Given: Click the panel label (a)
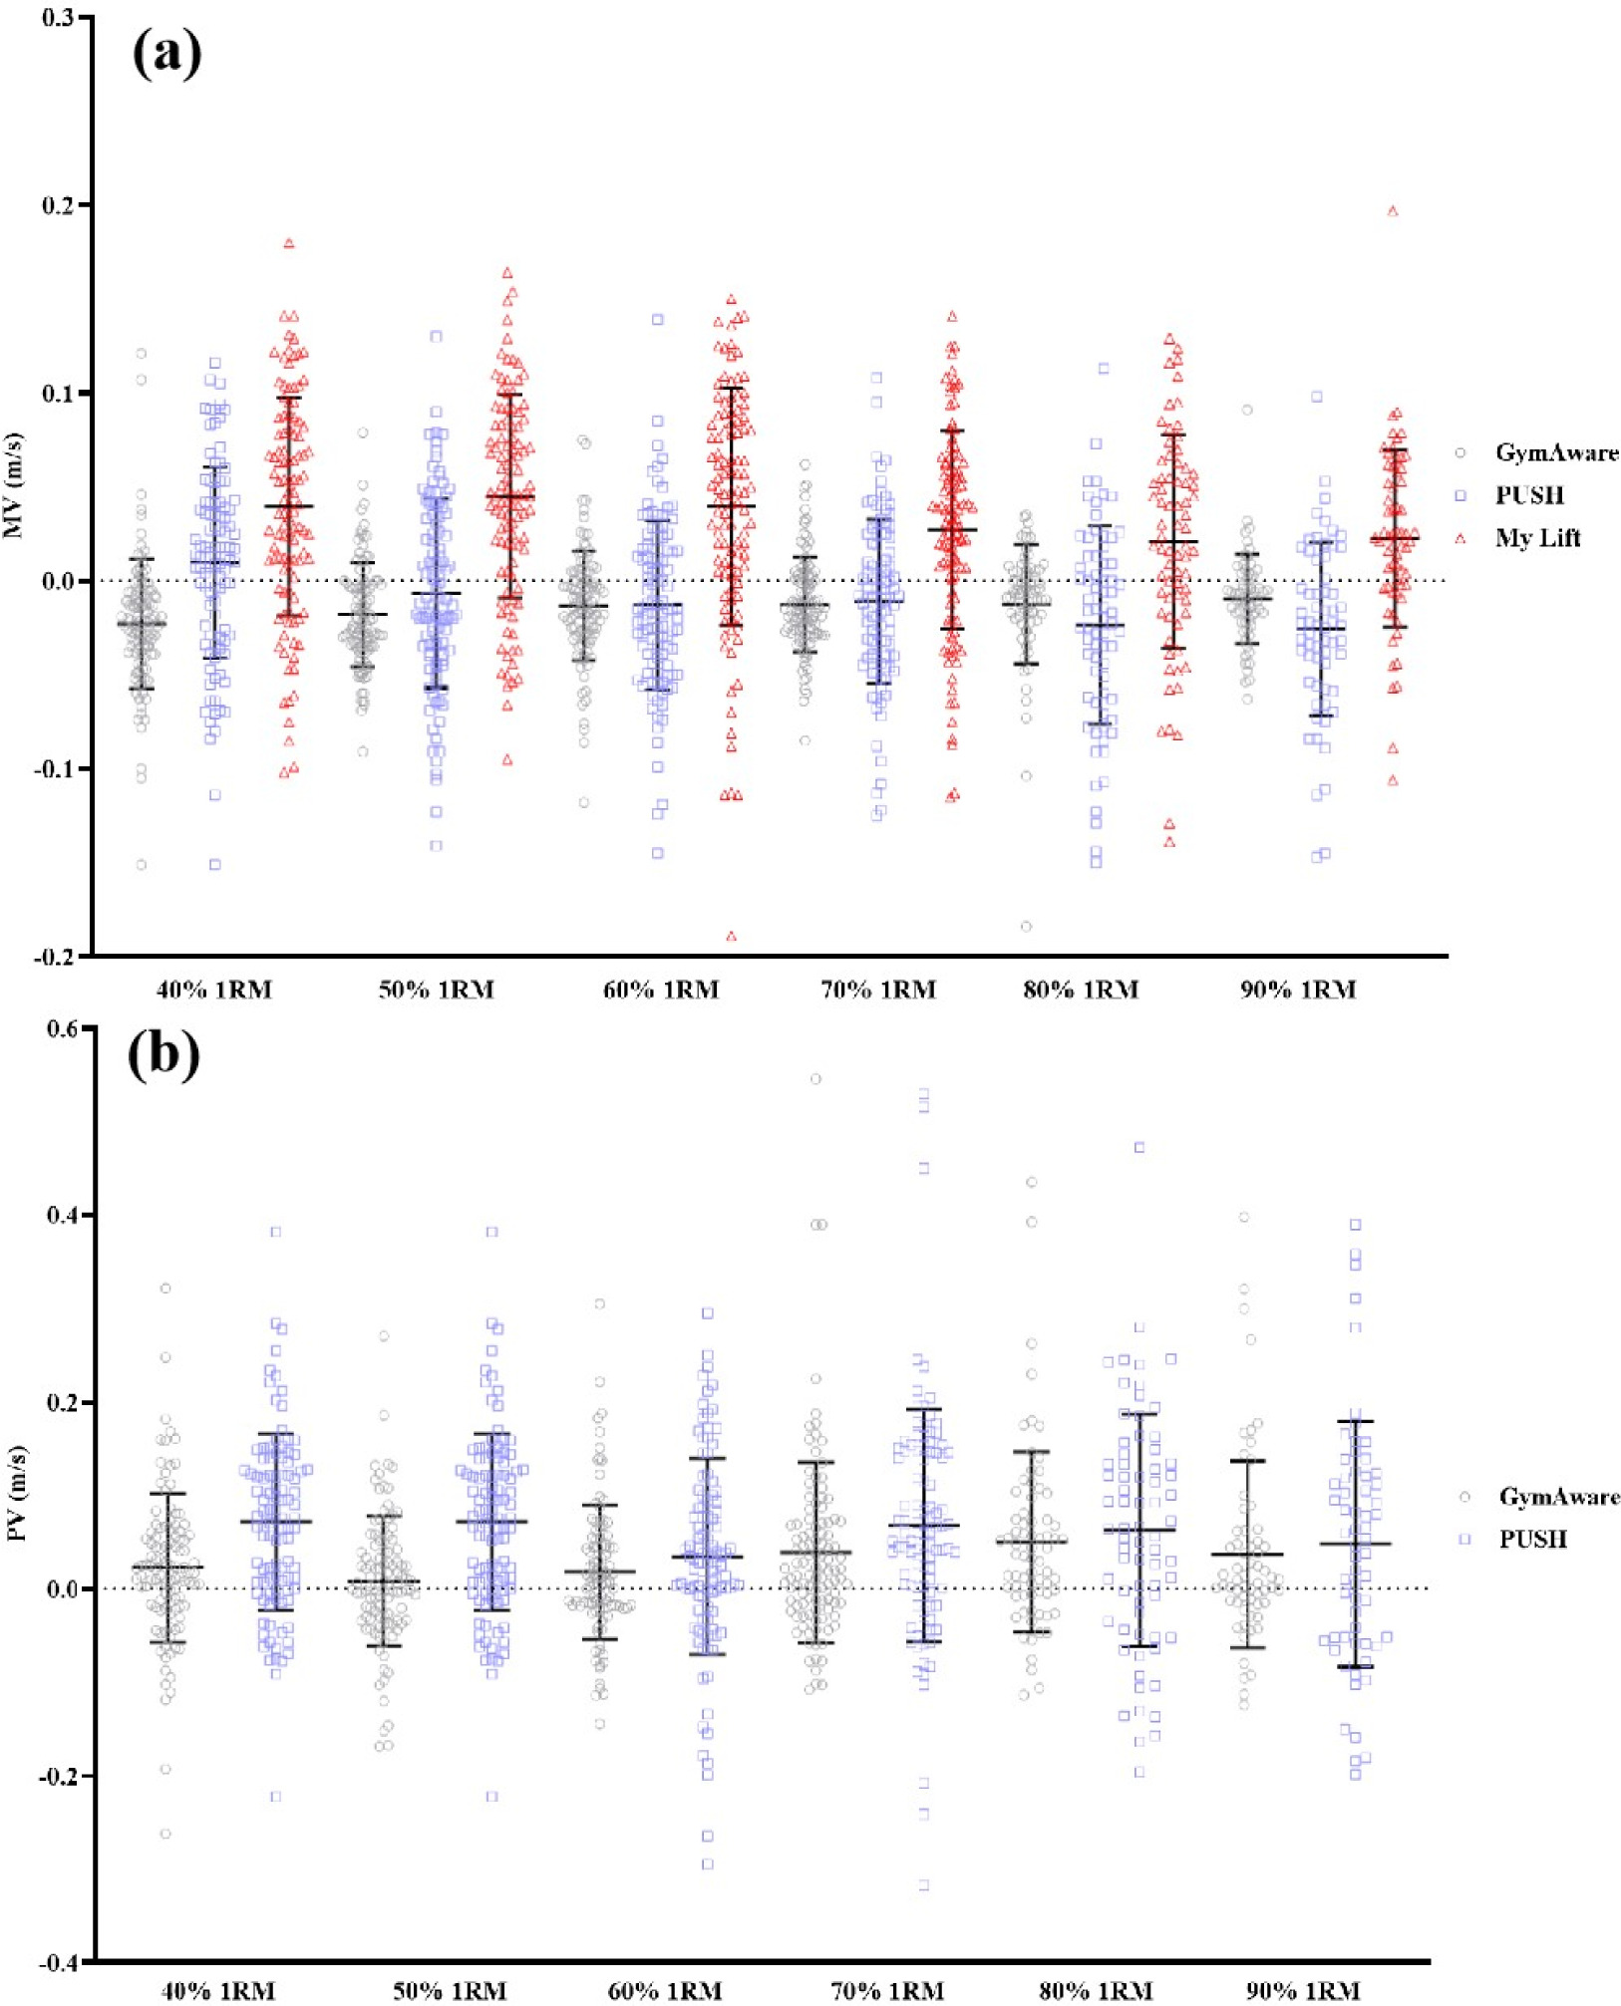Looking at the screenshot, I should (166, 54).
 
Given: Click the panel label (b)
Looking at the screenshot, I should (163, 1055).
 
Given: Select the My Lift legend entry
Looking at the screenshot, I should (1536, 538).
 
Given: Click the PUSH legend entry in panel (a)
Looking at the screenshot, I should (1528, 495).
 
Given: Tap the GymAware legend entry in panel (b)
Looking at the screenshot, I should (1558, 1497).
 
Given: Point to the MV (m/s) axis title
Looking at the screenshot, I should (13, 485).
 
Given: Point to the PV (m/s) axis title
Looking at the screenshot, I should (17, 1493).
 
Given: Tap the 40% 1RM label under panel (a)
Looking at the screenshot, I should (214, 990).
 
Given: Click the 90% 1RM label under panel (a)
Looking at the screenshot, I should (1298, 990).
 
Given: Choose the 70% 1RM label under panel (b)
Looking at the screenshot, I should (887, 1991).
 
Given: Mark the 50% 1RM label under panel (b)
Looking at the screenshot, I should (450, 1991).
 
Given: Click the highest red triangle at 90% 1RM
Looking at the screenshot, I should (1393, 211).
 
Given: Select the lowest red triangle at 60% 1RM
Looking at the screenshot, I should (731, 937).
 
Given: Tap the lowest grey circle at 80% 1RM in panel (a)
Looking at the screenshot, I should (1026, 927).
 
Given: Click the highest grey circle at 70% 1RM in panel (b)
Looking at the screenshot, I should (815, 1079).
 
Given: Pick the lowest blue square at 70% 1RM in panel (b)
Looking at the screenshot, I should (924, 1885).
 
